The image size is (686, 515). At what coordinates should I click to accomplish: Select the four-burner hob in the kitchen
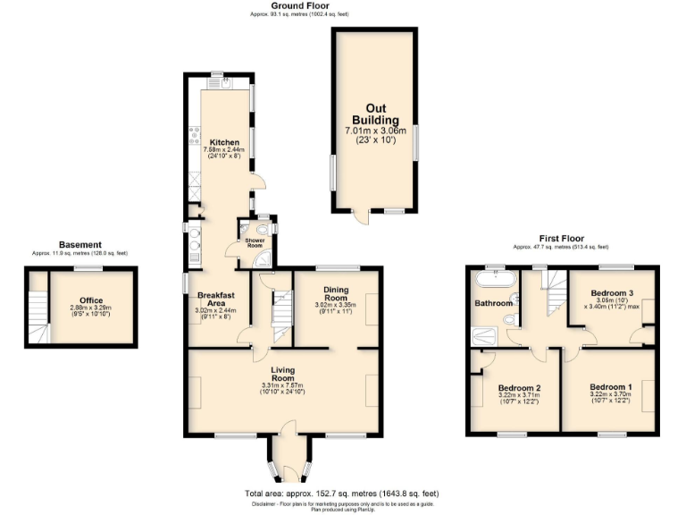tap(193, 135)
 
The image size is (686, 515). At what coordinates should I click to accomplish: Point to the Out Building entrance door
tap(359, 215)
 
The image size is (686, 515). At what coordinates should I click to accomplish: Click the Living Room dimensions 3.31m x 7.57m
tap(283, 385)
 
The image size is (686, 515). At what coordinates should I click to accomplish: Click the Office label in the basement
tap(91, 300)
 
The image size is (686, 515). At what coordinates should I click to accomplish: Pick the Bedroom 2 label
tap(519, 387)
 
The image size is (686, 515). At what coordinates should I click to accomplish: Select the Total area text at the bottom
tap(342, 494)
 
